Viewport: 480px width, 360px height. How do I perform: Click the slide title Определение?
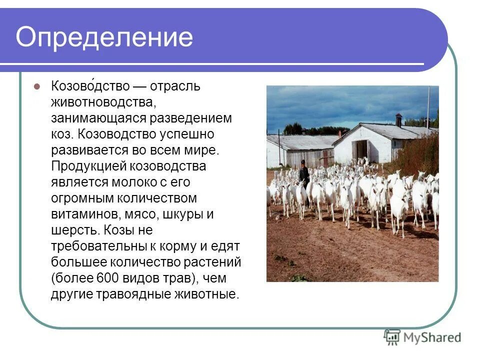pyautogui.click(x=104, y=37)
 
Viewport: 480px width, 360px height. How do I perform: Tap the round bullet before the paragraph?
pyautogui.click(x=36, y=86)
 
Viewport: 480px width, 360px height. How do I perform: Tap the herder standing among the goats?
pyautogui.click(x=303, y=174)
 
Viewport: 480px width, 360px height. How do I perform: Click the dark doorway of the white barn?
pyautogui.click(x=360, y=149)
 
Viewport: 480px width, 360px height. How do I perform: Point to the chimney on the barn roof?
pyautogui.click(x=398, y=120)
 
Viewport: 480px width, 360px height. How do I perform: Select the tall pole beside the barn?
pyautogui.click(x=428, y=107)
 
